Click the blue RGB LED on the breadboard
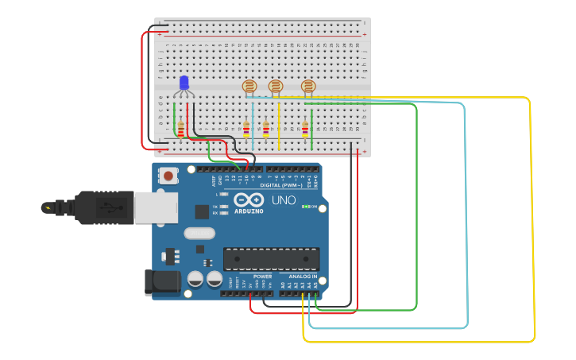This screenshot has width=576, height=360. coord(184,83)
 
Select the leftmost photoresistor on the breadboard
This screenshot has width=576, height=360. coord(249,87)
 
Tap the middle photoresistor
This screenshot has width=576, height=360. coord(276,87)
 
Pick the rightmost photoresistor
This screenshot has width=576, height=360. coord(308,87)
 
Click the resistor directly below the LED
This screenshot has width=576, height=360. coord(180,129)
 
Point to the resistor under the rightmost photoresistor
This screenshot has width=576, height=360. coord(305,128)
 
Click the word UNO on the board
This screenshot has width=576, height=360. coord(284,200)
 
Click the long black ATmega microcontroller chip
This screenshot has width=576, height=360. coord(271,258)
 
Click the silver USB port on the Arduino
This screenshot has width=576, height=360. coord(150,207)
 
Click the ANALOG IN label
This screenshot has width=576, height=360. coord(300,276)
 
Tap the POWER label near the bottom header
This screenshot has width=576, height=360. coord(262,276)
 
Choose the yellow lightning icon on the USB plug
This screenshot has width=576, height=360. coord(49,208)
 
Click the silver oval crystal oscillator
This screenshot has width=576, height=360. coord(199,234)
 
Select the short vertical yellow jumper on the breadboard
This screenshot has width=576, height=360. coord(279,126)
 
